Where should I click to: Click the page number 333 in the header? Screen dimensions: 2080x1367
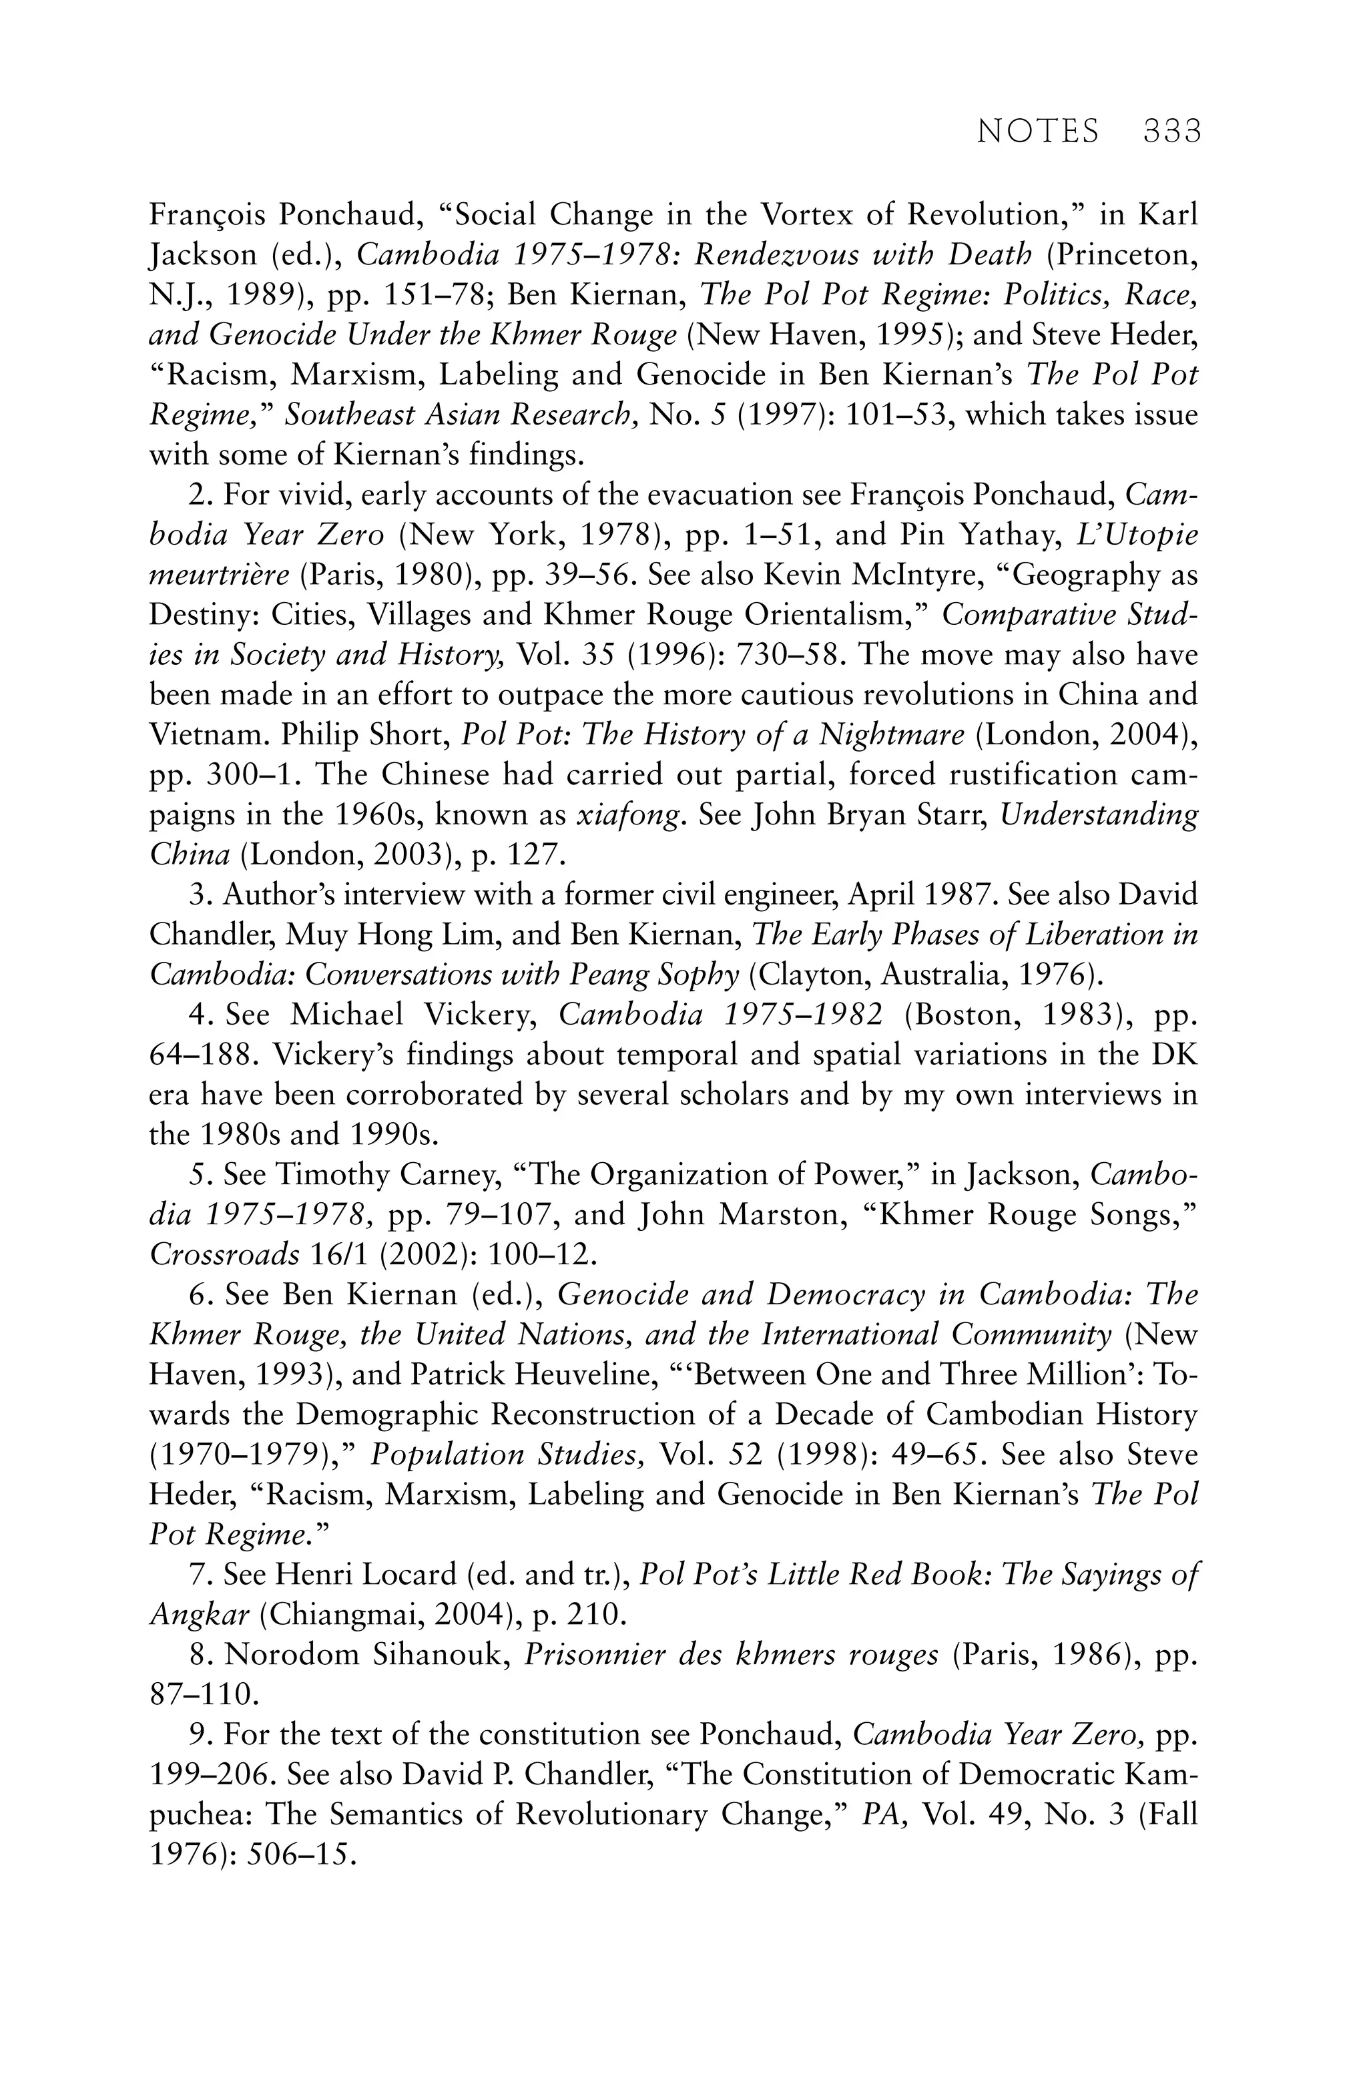pyautogui.click(x=1171, y=131)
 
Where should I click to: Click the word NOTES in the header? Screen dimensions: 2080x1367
pyautogui.click(x=1037, y=131)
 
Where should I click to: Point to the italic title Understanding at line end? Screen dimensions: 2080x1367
pyautogui.click(x=1099, y=814)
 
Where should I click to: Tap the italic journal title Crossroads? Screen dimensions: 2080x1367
pyautogui.click(x=225, y=1254)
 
